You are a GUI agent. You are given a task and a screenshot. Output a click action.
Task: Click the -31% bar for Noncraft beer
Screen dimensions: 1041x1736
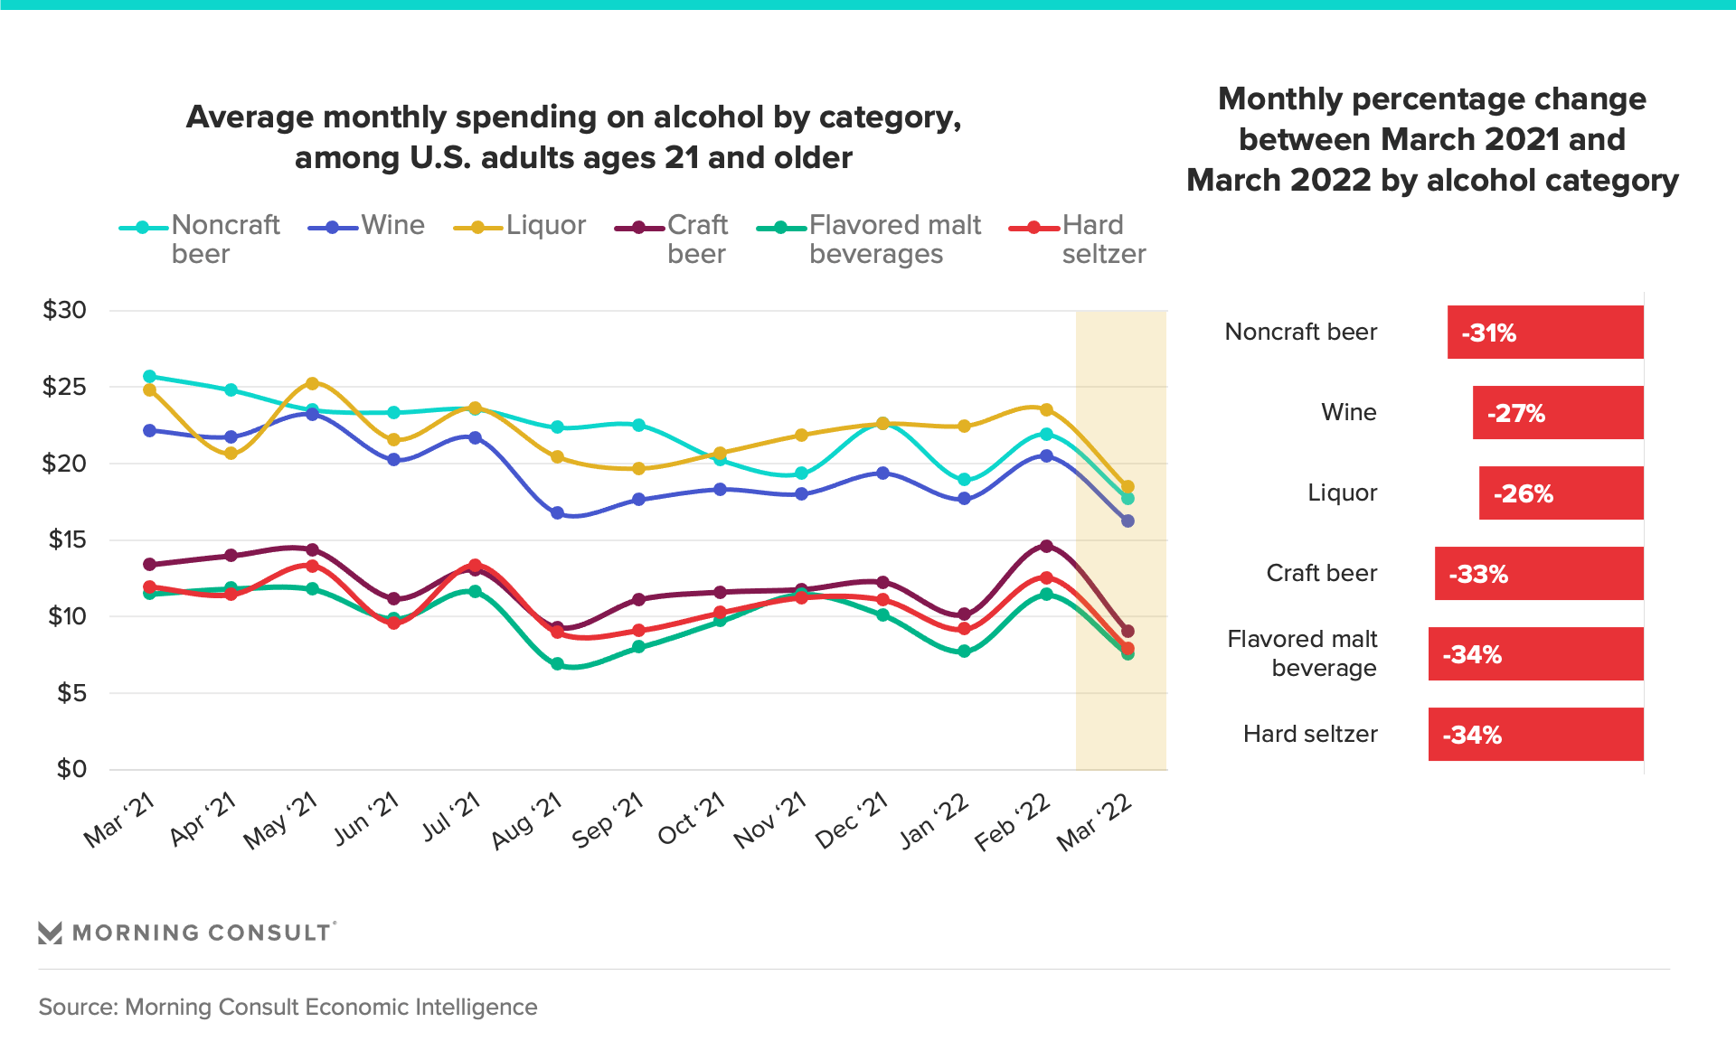point(1544,333)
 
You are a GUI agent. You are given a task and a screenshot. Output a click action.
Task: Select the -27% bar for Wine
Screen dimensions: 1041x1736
point(1557,413)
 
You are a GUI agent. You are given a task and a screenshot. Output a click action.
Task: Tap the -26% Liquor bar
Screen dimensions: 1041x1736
point(1561,493)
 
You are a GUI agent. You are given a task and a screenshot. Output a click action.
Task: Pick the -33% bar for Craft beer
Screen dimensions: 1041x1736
point(1538,574)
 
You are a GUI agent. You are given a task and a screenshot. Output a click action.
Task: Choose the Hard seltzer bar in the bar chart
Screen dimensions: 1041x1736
point(1535,735)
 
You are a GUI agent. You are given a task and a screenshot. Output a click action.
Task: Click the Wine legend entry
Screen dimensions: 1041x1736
point(367,226)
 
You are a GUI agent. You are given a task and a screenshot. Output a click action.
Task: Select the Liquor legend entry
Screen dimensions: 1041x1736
point(521,226)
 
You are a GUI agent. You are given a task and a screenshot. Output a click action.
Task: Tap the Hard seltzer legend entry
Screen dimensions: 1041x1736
point(1078,239)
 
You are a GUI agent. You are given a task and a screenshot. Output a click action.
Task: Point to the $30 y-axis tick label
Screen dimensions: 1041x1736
point(64,310)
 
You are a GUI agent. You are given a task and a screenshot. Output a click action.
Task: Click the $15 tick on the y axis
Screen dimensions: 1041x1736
point(67,539)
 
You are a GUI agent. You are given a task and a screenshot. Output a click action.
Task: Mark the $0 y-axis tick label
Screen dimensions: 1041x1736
point(71,769)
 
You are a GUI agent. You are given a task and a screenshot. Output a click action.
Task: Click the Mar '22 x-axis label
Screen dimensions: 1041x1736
point(1094,822)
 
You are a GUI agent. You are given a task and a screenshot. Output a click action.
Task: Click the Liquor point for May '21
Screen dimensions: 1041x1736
point(312,384)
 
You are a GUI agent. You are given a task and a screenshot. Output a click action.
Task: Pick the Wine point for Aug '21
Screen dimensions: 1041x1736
point(557,513)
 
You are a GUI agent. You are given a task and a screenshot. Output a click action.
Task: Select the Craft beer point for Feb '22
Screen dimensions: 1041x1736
point(1046,546)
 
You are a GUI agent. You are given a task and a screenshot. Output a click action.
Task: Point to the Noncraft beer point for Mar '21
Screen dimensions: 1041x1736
point(149,376)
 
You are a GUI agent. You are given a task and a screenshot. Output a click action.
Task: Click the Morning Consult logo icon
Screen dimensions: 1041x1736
point(51,933)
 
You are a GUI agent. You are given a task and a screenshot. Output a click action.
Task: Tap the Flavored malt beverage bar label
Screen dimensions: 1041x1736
point(1301,653)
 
